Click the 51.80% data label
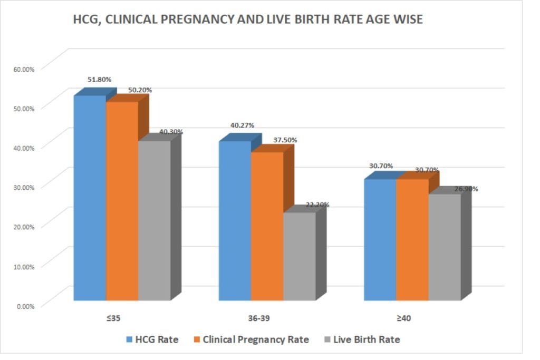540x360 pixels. click(x=99, y=80)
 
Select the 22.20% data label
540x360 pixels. click(x=317, y=205)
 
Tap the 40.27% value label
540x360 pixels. click(x=242, y=125)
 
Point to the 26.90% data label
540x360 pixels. click(x=466, y=188)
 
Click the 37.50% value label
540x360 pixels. click(x=285, y=140)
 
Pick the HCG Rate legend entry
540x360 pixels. click(x=152, y=339)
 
